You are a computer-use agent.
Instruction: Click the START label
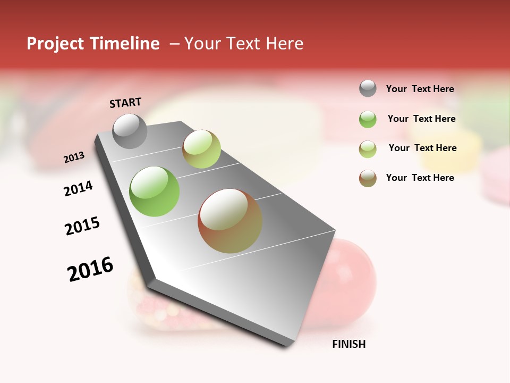125,103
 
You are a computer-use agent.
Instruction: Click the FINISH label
349,344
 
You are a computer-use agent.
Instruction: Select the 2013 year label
74,157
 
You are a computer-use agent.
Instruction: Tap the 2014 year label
78,188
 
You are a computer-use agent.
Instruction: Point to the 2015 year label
82,226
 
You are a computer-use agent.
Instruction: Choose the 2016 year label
90,269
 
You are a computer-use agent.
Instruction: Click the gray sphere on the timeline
130,131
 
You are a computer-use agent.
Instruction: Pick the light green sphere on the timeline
201,149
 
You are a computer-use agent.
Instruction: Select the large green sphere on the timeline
155,191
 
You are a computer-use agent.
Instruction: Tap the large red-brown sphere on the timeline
230,221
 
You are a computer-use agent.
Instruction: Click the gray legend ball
368,88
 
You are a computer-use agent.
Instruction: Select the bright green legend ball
368,119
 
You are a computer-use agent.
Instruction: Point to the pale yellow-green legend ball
368,149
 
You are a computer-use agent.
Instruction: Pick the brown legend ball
368,178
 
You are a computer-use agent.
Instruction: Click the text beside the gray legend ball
420,89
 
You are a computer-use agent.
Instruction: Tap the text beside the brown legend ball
420,178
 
